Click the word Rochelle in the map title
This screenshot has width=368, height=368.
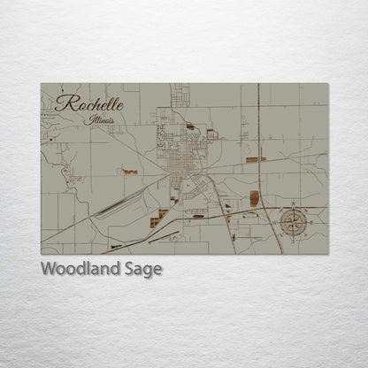point(88,103)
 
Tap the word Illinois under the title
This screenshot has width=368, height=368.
point(101,119)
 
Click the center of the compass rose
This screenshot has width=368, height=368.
point(293,222)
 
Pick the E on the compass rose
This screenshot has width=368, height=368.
point(310,222)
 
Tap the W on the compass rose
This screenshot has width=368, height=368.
point(276,222)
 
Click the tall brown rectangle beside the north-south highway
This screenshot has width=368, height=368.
point(255,198)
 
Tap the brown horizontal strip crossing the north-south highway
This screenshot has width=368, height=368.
point(256,159)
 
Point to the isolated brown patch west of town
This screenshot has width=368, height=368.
point(130,172)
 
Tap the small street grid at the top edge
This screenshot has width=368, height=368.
point(180,92)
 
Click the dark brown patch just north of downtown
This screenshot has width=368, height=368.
point(190,126)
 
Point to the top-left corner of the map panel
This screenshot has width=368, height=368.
point(42,84)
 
